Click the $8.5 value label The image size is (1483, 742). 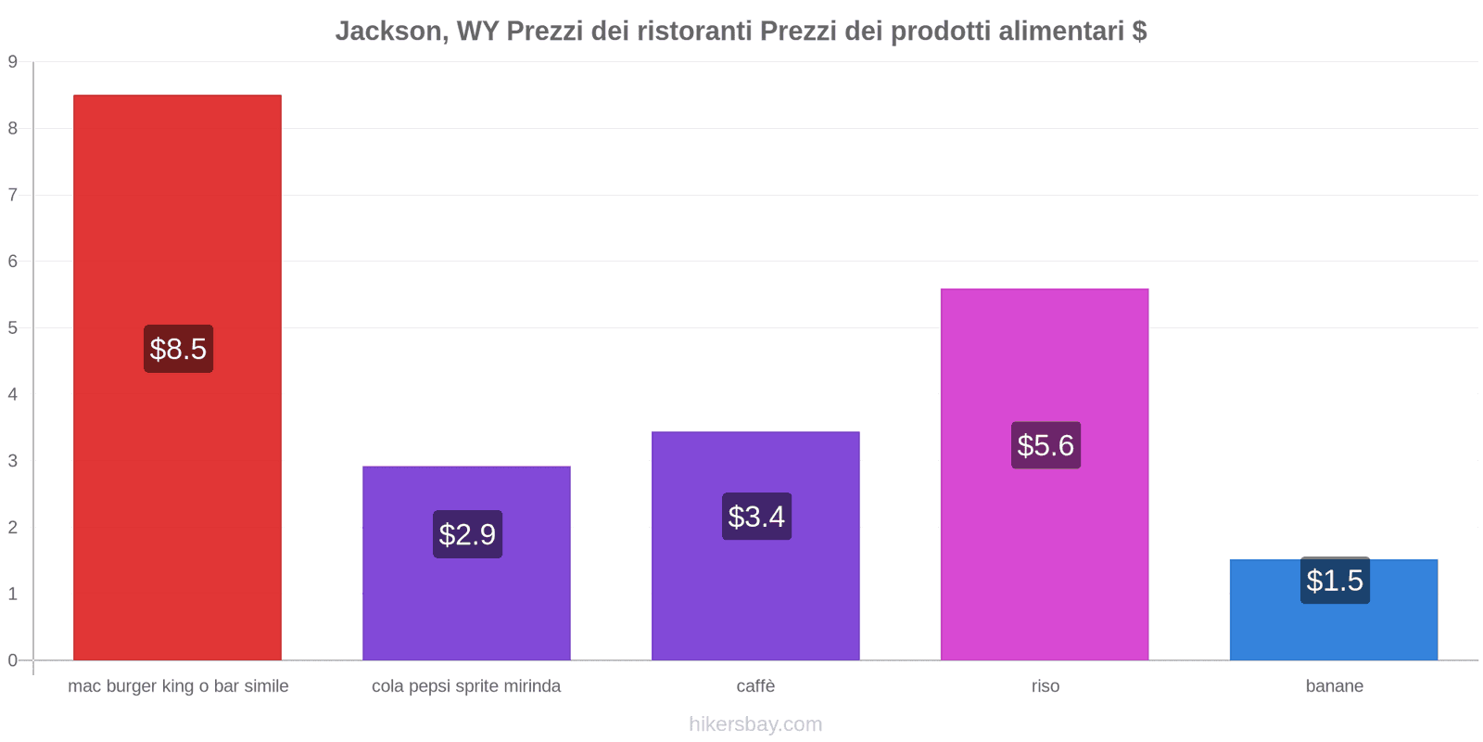point(178,349)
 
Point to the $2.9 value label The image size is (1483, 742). point(467,534)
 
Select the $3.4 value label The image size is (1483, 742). point(756,517)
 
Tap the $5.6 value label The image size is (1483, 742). point(1046,445)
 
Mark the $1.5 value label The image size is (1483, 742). point(1335,581)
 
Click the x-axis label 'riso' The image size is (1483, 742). point(1046,686)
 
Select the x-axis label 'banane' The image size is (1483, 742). point(1335,686)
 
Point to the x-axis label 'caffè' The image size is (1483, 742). point(755,686)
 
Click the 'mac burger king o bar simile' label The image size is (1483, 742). point(178,686)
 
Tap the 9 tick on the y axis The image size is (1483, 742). point(13,62)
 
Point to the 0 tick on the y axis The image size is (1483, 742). point(13,660)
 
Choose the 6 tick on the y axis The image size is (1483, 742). point(13,262)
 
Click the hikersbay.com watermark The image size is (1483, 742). point(755,724)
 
